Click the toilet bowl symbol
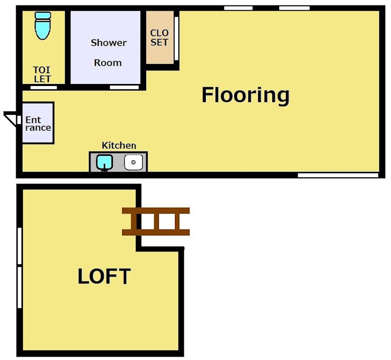click(43, 26)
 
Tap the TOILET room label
click(42, 74)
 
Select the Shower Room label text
click(108, 53)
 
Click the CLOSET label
click(159, 38)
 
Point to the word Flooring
click(245, 95)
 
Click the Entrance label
click(38, 124)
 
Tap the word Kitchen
click(119, 145)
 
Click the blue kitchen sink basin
click(104, 162)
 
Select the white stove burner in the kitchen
click(133, 162)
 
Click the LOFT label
click(104, 276)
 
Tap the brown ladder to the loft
click(156, 221)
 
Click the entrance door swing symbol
click(10, 119)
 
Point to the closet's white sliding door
click(176, 39)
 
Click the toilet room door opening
click(43, 87)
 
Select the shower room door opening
click(125, 87)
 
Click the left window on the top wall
click(238, 8)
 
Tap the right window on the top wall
click(294, 8)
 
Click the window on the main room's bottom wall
click(338, 175)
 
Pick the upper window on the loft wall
click(20, 246)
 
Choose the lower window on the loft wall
click(20, 287)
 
